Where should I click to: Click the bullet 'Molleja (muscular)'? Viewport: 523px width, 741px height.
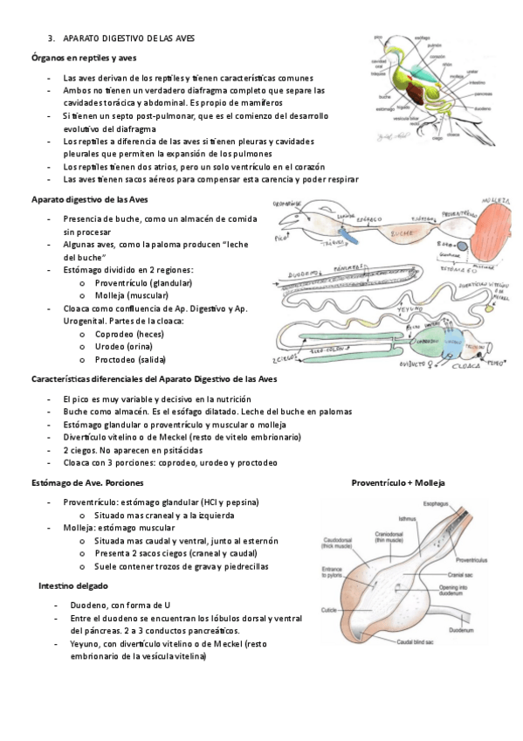tap(131, 295)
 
